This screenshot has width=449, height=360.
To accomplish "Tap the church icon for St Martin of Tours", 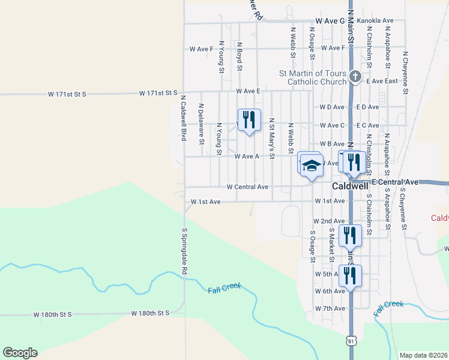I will (355, 76).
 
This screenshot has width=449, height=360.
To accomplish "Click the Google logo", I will (20, 353).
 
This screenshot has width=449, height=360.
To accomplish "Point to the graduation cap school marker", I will (312, 166).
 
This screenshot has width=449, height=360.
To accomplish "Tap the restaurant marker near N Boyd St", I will (249, 120).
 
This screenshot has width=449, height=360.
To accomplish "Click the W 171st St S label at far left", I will (67, 94).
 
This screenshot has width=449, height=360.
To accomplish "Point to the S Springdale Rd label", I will (185, 251).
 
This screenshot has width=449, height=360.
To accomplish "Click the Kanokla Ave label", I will (375, 21).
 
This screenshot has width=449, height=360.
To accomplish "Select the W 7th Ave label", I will (330, 308).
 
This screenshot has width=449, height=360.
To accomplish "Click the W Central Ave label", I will (247, 187).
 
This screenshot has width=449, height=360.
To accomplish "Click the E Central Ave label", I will (395, 181).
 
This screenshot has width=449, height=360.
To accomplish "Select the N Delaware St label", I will (201, 127).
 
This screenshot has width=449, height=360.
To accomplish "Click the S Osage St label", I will (312, 246).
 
